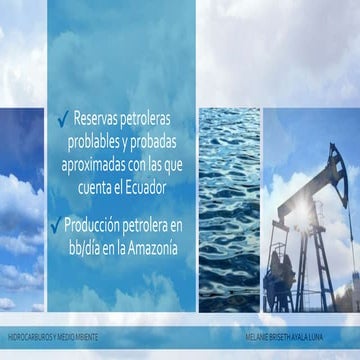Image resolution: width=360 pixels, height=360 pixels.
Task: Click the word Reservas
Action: pos(103,121)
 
